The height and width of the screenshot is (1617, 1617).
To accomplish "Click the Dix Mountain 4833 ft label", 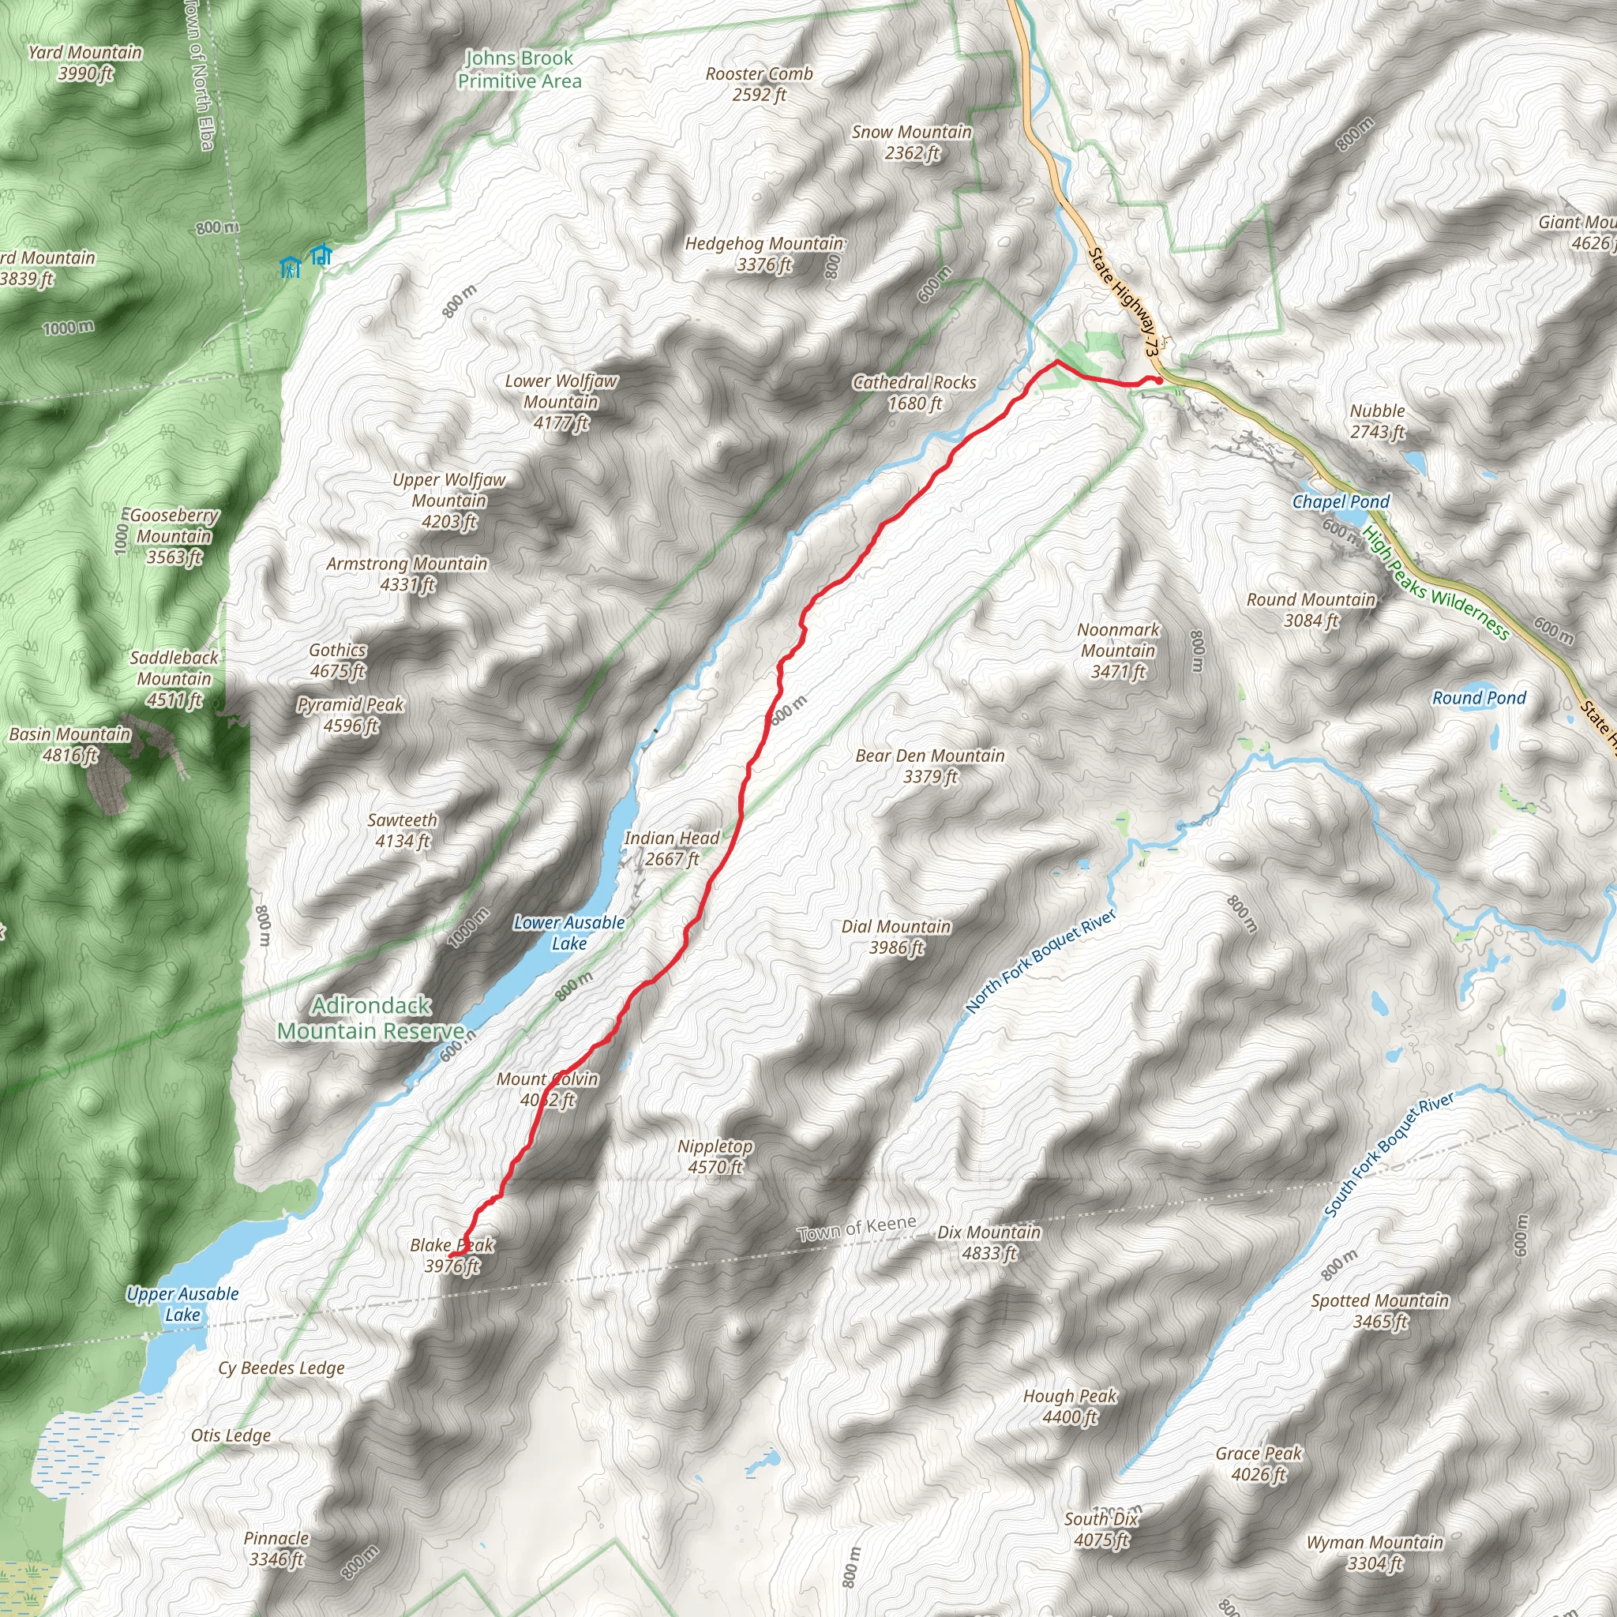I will point(989,1243).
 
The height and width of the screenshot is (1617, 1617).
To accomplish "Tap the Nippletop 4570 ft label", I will point(715,1157).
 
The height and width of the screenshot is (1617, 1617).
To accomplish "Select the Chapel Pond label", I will point(1340,501).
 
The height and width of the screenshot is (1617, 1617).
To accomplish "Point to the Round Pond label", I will point(1479,698).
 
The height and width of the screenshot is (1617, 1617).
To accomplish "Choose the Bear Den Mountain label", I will point(930,766).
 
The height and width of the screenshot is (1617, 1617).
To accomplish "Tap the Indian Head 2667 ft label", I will point(671,848).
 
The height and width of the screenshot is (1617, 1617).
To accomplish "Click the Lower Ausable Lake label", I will point(569,932).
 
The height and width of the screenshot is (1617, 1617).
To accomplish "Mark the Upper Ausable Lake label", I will point(182,1304).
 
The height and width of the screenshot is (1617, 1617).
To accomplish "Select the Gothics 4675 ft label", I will point(337,660).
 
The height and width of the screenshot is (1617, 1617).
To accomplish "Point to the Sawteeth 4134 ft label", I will point(403,831).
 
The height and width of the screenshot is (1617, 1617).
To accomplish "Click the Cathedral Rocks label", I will point(914,392).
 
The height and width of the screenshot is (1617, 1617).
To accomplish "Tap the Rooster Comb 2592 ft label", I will point(759,84).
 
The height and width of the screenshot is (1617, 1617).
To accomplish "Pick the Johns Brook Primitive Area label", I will point(519,69).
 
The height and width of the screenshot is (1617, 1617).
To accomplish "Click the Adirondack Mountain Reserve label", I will point(371,1018).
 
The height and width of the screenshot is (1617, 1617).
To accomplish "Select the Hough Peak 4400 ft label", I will point(1070,1406).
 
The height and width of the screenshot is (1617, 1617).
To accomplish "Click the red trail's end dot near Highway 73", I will point(1157,381).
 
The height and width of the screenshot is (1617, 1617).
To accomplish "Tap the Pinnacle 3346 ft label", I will point(276,1548).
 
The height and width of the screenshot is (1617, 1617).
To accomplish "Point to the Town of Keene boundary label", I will point(856,1229).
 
